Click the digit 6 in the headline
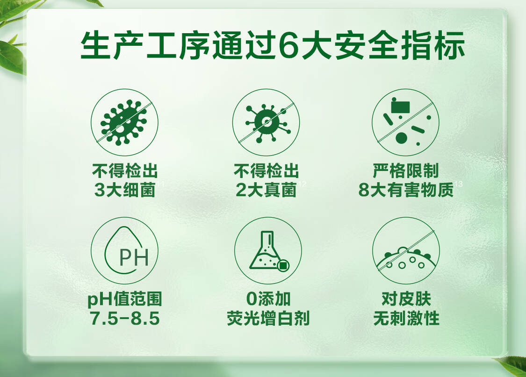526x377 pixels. (x=288, y=45)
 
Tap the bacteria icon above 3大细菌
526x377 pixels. (x=124, y=122)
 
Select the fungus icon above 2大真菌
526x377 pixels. (x=266, y=122)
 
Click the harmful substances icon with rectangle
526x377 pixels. (x=405, y=122)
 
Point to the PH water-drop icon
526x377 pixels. (x=124, y=251)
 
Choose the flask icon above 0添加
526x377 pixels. (x=268, y=251)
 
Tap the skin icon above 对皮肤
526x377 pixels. (x=406, y=251)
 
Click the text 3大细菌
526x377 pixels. (x=125, y=190)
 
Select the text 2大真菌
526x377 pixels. (x=266, y=190)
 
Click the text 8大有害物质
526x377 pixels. (x=406, y=190)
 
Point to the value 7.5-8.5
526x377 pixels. (x=125, y=318)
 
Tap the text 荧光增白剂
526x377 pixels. (x=268, y=318)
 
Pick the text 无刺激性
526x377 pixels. (x=406, y=318)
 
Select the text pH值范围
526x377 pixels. (x=125, y=299)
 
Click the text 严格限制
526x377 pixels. (x=406, y=171)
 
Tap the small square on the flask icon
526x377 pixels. (x=283, y=265)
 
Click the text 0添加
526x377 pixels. (x=268, y=299)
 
